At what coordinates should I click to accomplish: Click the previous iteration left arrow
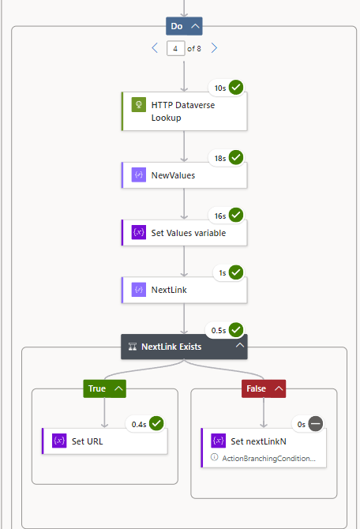155,48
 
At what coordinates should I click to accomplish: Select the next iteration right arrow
214,48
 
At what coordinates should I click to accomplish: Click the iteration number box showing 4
175,48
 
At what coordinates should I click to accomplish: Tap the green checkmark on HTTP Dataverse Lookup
235,87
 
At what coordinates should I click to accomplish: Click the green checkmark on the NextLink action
235,272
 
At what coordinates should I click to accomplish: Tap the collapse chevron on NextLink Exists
239,346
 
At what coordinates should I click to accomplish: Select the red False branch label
257,388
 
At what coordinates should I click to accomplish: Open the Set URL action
104,441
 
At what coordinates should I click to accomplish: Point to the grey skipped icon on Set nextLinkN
315,423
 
